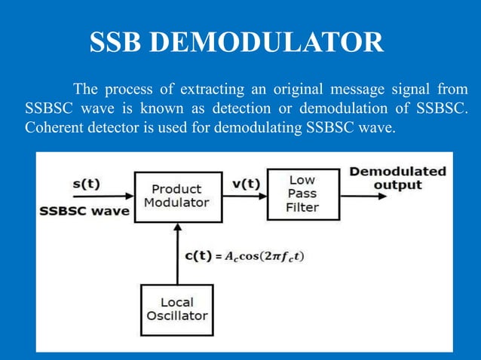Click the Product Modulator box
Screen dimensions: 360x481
[x=178, y=197]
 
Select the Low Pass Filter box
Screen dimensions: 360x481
[x=303, y=194]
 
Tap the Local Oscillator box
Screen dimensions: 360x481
[x=177, y=309]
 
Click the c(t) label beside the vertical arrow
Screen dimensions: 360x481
[x=200, y=255]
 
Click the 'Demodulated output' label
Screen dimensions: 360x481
[x=397, y=178]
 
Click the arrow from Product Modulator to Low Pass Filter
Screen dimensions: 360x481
[x=245, y=197]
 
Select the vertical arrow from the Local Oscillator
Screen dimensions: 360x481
[x=177, y=252]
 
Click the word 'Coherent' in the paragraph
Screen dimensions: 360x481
[x=52, y=127]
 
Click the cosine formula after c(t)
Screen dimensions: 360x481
[x=268, y=256]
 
